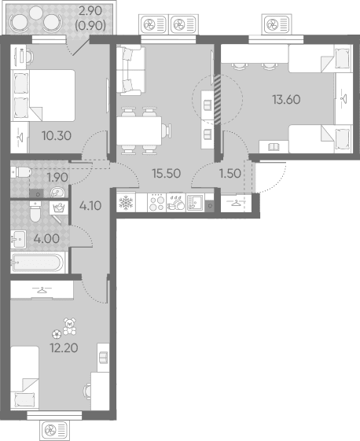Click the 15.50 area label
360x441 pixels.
(x=166, y=173)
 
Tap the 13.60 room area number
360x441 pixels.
(x=286, y=100)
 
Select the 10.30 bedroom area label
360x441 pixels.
(x=57, y=136)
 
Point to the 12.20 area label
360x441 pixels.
(x=64, y=348)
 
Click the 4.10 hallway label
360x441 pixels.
(x=90, y=206)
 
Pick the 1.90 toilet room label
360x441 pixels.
(x=57, y=178)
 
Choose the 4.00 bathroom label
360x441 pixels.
(x=46, y=239)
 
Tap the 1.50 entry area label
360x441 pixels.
(x=230, y=174)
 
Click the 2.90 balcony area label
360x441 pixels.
(x=90, y=11)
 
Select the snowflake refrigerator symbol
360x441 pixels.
(x=126, y=203)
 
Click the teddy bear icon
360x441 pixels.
(x=69, y=326)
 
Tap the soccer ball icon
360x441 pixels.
(x=57, y=334)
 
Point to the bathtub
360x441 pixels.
(x=38, y=263)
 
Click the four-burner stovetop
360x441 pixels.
(x=157, y=202)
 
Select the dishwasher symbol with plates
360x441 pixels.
(x=176, y=202)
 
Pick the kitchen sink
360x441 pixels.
(x=195, y=202)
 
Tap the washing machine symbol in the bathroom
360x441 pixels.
(x=59, y=208)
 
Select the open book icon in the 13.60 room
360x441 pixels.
(x=274, y=146)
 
